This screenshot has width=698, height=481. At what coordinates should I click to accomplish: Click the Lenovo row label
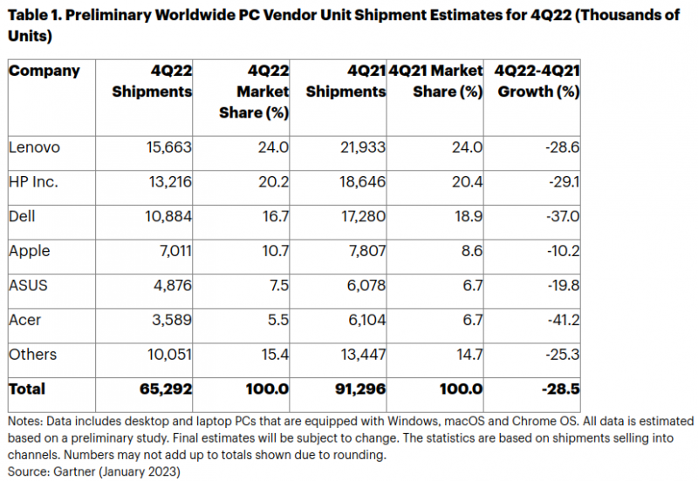(x=34, y=147)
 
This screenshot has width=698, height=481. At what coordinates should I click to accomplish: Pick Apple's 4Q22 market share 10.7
(x=273, y=251)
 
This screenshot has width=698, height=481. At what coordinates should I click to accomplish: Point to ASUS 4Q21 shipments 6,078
(x=361, y=285)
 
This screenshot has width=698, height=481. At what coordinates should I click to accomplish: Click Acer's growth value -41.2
(x=561, y=320)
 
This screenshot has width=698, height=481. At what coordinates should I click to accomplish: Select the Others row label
(x=33, y=354)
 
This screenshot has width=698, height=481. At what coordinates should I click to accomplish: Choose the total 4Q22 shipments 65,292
(x=163, y=389)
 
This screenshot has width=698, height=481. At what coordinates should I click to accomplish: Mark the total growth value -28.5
(x=560, y=389)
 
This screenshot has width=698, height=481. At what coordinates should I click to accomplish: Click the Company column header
(x=44, y=71)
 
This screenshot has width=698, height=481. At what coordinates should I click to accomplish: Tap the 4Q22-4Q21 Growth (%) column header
(x=537, y=81)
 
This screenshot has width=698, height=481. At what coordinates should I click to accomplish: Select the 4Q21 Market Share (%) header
(x=436, y=81)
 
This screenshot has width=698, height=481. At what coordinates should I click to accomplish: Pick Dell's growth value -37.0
(x=561, y=216)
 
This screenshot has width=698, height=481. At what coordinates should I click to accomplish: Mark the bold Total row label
(x=27, y=389)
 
